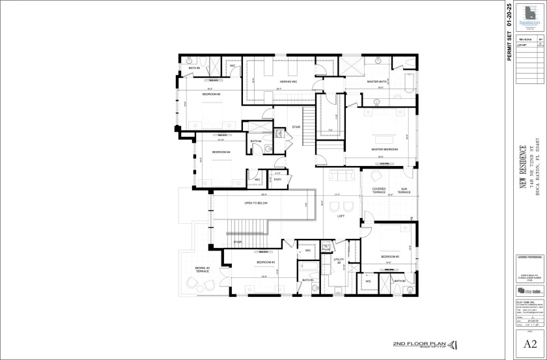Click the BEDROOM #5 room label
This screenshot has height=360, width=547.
[211, 94]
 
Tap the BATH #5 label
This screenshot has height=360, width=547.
[194, 68]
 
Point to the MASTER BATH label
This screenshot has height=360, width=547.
[377, 82]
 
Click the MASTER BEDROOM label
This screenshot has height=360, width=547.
[384, 149]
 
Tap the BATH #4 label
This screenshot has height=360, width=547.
[256, 141]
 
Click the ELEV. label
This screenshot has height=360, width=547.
[277, 179]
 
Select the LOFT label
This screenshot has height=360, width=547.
[341, 217]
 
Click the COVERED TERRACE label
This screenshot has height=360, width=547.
[379, 191]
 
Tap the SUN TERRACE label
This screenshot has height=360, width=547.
[404, 191]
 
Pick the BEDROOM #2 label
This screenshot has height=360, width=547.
[389, 256]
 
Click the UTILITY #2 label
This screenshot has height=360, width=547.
[338, 261]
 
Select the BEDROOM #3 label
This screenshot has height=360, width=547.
[266, 262]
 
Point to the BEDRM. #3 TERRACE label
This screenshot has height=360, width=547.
[203, 270]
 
